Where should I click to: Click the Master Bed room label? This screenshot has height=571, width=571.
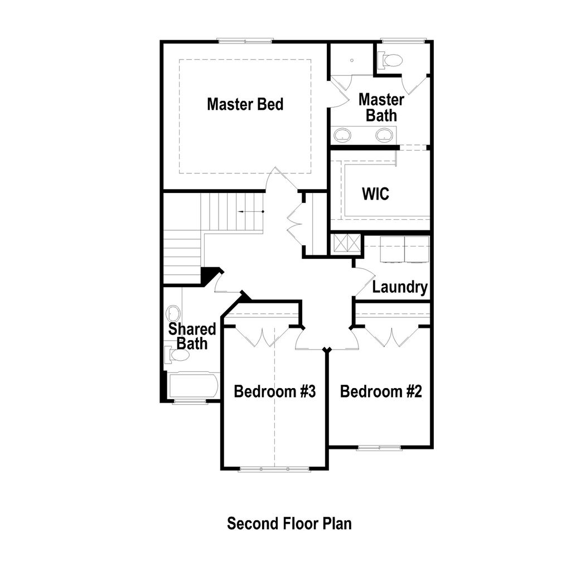245,104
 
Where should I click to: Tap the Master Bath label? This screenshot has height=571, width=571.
381,108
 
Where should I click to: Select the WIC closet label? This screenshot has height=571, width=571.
375,195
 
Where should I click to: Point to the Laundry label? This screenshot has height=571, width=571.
400,288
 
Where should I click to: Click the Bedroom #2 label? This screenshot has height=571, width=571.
381,391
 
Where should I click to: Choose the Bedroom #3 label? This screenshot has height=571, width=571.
275,391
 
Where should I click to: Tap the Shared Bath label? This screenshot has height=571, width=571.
192,336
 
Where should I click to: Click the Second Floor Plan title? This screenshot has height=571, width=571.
289,524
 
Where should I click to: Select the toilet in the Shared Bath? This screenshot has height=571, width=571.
177,354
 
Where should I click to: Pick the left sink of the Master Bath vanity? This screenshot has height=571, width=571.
342,134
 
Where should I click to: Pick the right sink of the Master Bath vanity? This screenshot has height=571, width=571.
384,134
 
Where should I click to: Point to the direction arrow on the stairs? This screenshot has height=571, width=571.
249,212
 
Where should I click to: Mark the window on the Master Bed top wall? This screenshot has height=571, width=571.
245,40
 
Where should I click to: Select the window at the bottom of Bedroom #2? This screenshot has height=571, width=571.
379,447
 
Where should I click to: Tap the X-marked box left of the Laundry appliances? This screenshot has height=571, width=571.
345,244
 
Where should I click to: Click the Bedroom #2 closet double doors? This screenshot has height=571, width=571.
392,336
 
